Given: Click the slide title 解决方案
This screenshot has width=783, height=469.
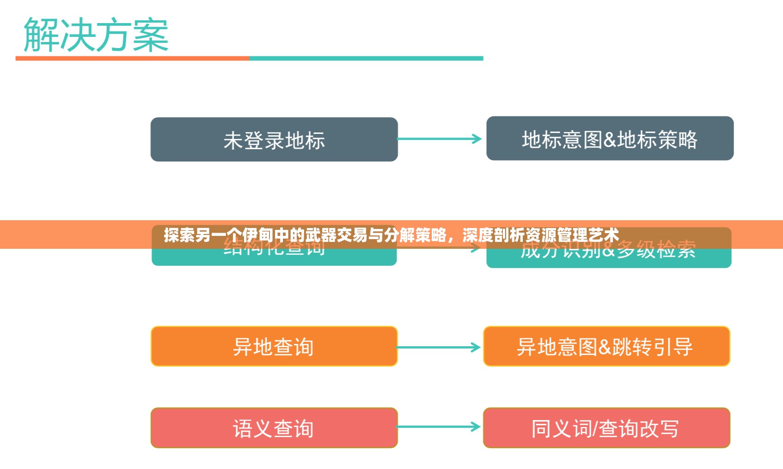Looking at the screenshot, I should coord(96,35).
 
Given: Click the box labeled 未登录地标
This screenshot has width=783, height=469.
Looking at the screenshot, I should coord(274,139).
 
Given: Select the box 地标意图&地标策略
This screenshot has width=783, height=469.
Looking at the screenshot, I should coord(610,138).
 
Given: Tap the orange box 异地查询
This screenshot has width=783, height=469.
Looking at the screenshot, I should coord(274,346).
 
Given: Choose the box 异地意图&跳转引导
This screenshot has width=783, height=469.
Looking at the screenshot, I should coord(606,346).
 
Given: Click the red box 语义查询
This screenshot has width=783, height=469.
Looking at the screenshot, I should coord(274,428).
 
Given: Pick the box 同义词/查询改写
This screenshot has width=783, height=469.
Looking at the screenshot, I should coord(606,428).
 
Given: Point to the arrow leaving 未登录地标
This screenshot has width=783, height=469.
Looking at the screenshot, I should coord(439,139).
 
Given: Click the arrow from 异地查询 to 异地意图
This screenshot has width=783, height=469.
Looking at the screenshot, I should coord(438,347).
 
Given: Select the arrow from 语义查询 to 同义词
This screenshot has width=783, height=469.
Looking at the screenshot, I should coord(438,427).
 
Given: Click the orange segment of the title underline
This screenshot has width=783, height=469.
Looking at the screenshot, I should coord(132,59).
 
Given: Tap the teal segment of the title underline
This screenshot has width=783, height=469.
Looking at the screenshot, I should coord(366,59).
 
